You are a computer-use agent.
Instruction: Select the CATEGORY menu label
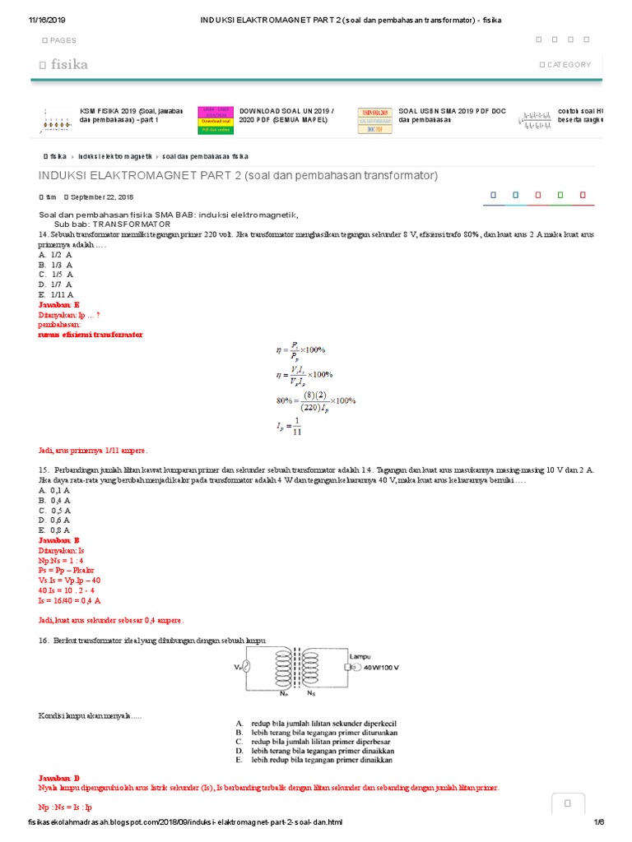tap(568, 64)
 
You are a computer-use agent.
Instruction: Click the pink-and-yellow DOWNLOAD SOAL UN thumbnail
tap(214, 119)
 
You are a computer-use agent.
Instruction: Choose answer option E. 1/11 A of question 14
tap(56, 294)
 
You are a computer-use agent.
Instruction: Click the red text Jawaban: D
tap(59, 777)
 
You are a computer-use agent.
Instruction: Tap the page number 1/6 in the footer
tap(598, 822)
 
